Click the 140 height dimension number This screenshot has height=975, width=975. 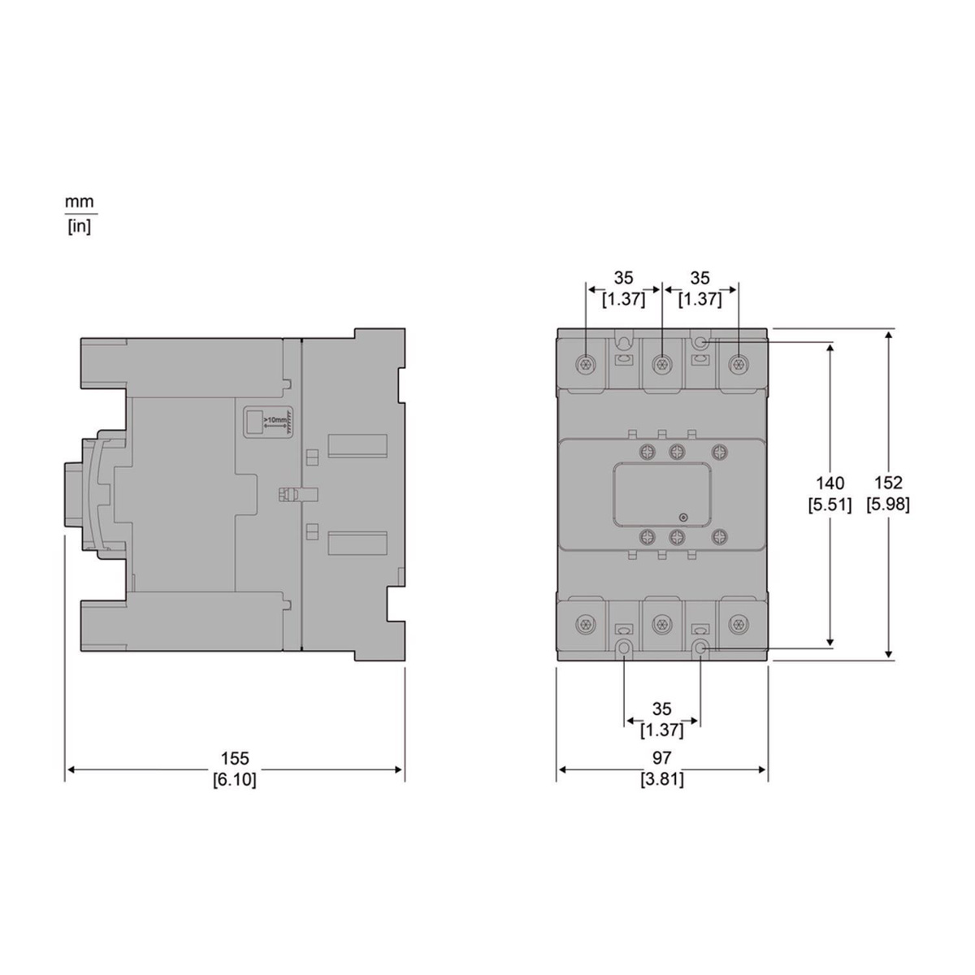(830, 483)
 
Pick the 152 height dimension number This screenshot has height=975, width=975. (889, 483)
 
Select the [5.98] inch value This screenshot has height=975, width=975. (888, 505)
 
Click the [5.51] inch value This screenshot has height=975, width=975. (830, 505)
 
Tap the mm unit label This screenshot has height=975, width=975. (80, 201)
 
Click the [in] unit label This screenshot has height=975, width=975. (80, 227)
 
